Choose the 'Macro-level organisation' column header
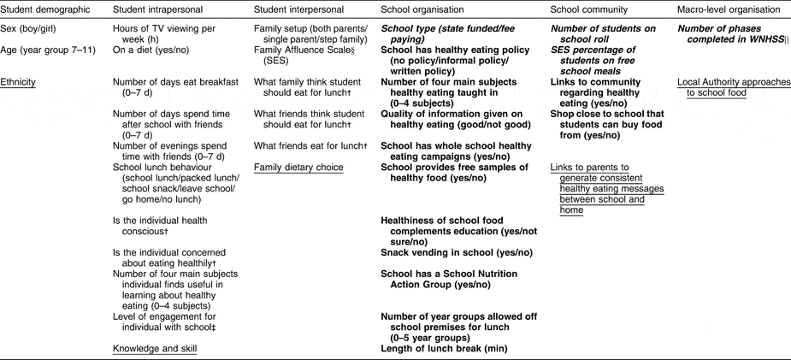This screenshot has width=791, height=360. click(x=729, y=9)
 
